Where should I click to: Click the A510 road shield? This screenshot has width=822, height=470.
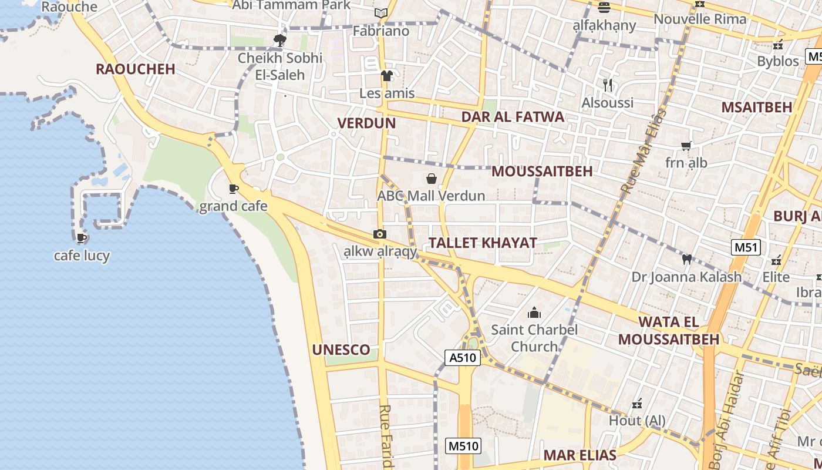tap(463, 358)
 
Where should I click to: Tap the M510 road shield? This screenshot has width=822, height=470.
tap(463, 446)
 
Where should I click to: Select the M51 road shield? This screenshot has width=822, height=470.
tap(746, 247)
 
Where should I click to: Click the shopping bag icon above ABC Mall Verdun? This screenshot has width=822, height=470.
tap(432, 179)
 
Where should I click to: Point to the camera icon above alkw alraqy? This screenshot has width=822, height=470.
tap(380, 234)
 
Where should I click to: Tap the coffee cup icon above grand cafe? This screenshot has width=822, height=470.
tap(234, 189)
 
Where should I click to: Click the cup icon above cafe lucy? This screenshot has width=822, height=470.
tap(82, 238)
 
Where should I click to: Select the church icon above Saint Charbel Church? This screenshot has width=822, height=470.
tap(534, 313)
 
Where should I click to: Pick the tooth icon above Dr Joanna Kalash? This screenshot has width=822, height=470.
tap(686, 259)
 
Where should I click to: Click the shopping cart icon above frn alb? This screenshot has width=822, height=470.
tap(686, 145)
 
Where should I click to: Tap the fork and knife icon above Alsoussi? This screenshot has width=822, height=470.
tap(608, 85)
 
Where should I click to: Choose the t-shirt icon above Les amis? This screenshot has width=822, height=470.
tap(386, 76)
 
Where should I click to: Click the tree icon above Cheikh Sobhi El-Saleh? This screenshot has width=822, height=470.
tap(280, 41)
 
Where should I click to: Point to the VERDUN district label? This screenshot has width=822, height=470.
tap(366, 123)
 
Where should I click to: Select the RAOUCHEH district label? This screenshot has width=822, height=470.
tap(135, 69)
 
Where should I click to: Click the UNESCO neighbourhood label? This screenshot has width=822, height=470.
tap(341, 350)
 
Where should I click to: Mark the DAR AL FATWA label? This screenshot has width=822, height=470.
tap(513, 116)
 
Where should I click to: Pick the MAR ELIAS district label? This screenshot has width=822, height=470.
tap(580, 455)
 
